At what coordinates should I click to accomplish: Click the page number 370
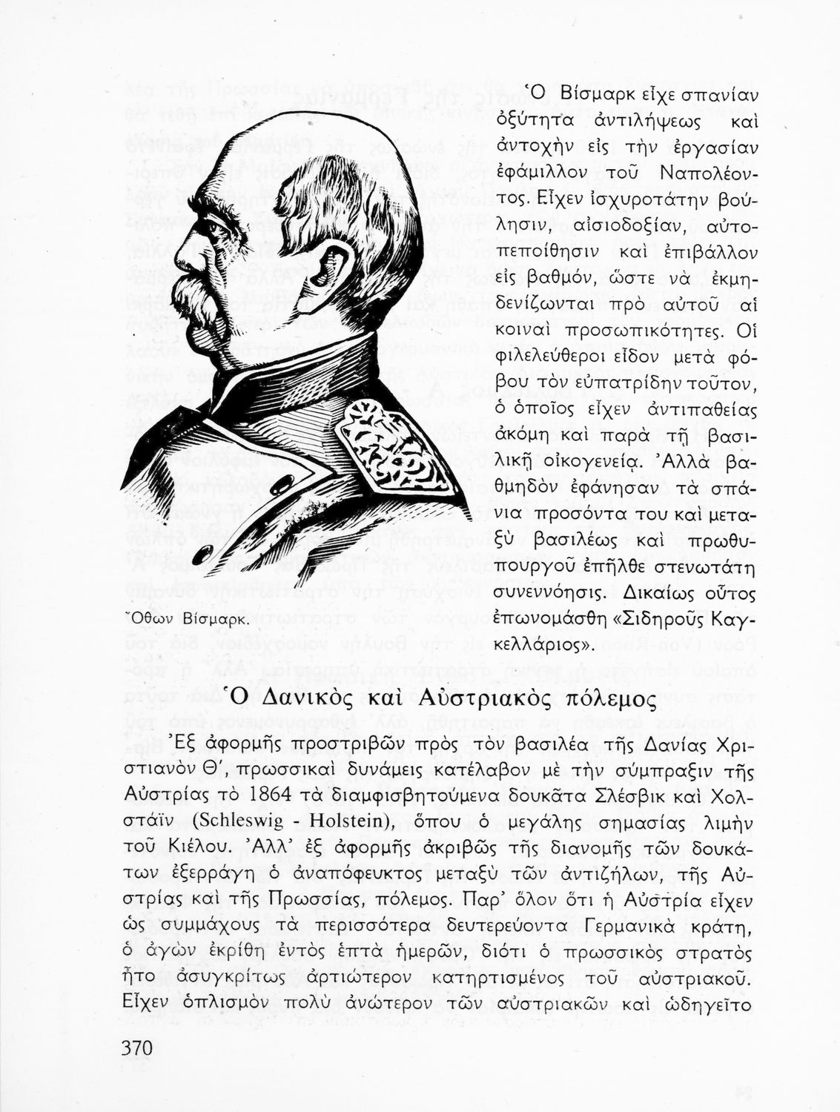(x=136, y=1048)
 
